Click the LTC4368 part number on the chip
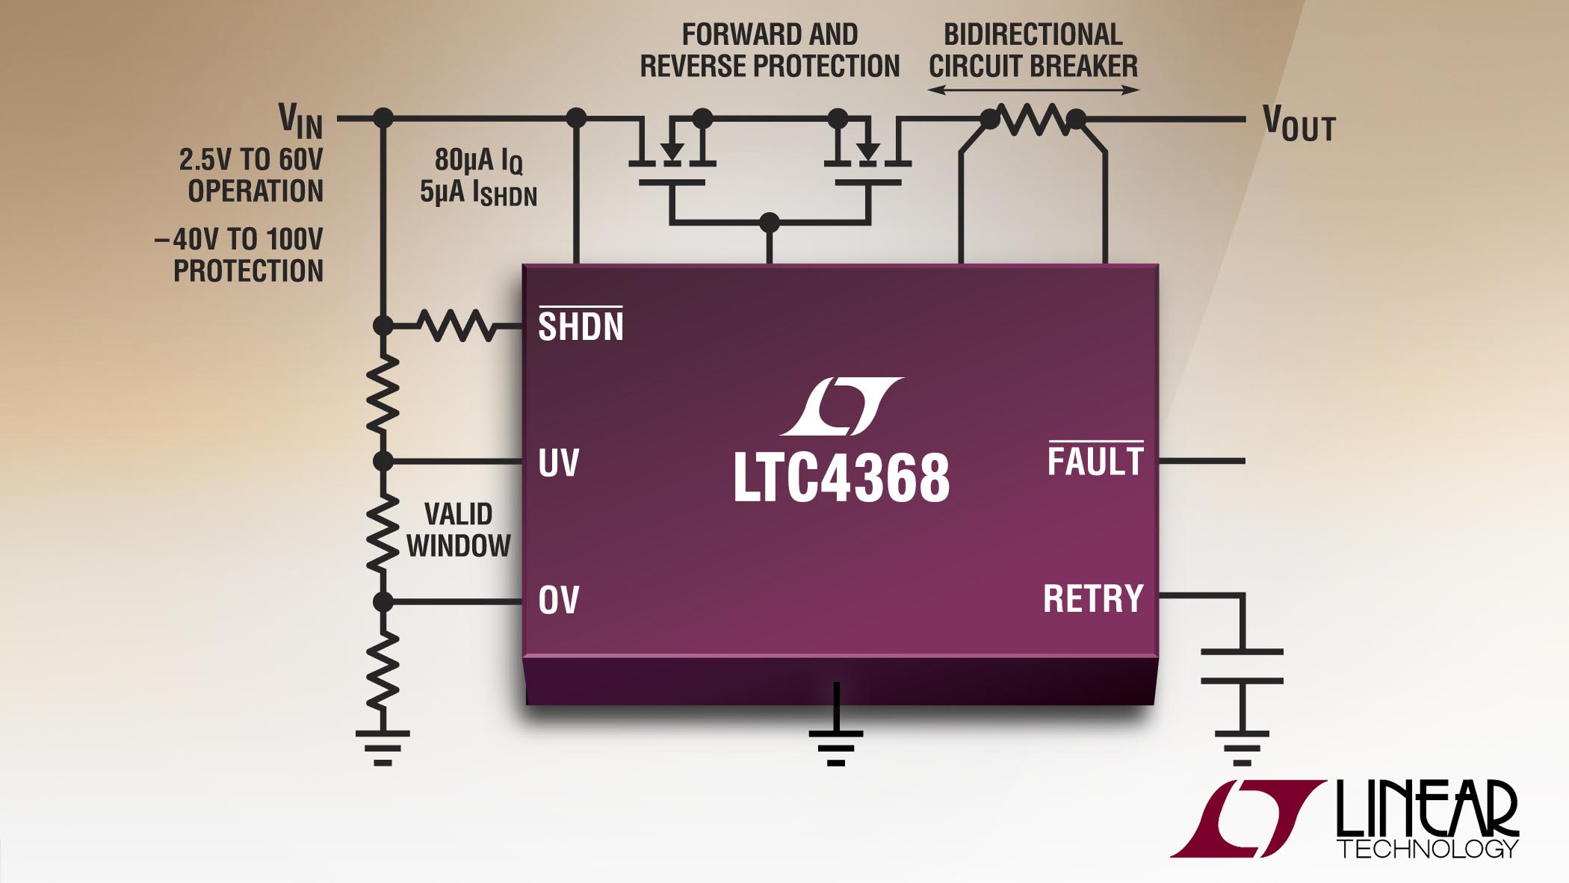841,477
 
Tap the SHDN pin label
581,326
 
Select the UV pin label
558,463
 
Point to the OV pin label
558,600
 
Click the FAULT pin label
1095,461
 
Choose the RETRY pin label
1093,598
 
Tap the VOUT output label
1299,124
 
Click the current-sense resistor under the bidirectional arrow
1033,120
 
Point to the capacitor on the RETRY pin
1242,666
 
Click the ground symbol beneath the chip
836,747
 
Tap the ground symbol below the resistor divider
383,747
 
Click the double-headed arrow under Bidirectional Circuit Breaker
1033,90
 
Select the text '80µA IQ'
478,160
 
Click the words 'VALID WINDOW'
459,530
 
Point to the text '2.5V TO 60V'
251,159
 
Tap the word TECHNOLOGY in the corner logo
1427,849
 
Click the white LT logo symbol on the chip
841,406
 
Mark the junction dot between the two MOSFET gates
769,222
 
